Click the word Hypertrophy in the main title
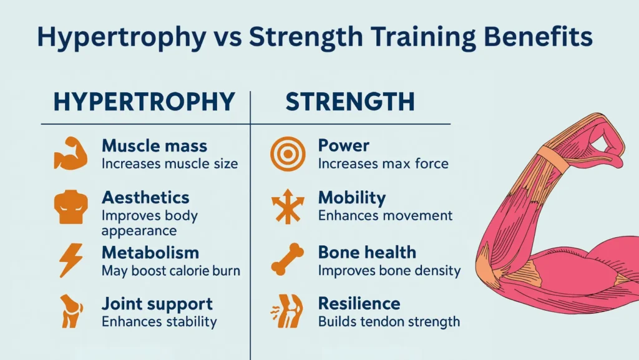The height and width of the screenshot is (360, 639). point(120,37)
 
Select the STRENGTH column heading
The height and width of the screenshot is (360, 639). point(350,102)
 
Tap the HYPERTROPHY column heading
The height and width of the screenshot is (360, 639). point(144,102)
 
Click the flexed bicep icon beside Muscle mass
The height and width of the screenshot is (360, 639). point(69,153)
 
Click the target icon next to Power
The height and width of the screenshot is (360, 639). point(287,153)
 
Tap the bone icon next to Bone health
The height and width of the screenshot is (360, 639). point(287,260)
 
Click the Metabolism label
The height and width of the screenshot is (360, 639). point(150,253)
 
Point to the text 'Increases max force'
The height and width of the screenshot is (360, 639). point(383,164)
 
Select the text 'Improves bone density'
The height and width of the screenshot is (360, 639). point(389,271)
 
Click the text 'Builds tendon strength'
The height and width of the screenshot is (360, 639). point(389,322)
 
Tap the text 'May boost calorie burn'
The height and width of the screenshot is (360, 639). point(170,271)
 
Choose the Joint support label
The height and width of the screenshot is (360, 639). point(157,304)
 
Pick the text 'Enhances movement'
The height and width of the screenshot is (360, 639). point(385,216)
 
